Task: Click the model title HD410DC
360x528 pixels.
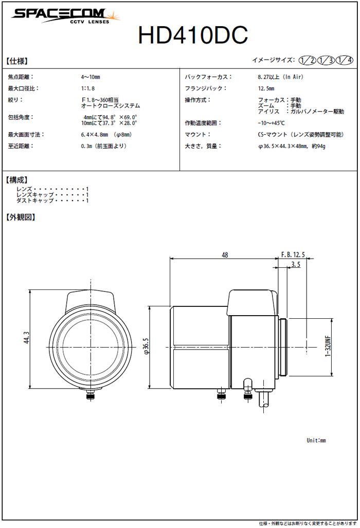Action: point(193,34)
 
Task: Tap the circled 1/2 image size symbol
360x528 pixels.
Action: point(307,60)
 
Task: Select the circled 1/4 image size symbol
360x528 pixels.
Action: point(345,60)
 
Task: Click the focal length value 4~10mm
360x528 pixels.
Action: point(90,77)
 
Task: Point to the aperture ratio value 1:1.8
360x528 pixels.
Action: point(87,88)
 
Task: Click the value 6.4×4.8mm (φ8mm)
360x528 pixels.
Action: point(106,135)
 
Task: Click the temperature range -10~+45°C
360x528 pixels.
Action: point(271,123)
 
